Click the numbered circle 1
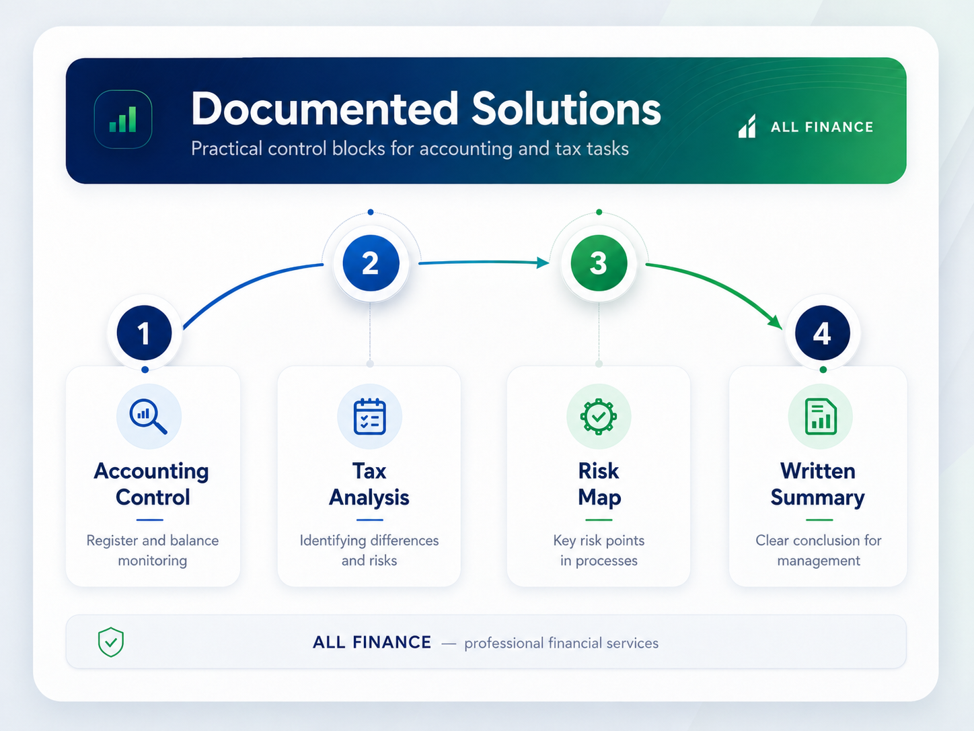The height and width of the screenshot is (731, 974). tap(144, 333)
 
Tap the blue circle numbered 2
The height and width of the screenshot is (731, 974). tap(371, 263)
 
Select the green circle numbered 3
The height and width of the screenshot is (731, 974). tap(599, 263)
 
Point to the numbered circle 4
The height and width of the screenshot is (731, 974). tap(822, 333)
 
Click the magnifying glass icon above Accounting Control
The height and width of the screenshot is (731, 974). tap(148, 417)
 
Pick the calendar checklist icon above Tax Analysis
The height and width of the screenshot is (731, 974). tap(370, 416)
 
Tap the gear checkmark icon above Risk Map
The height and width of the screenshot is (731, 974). tap(599, 416)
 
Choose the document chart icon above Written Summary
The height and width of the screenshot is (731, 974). tap(821, 416)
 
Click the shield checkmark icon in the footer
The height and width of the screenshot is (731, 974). tap(111, 641)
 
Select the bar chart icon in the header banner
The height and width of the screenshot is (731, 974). tap(123, 119)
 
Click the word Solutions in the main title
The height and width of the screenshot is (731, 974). tap(566, 109)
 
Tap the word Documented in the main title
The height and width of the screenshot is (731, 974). tap(324, 109)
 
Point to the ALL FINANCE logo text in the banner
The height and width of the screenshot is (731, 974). tap(822, 127)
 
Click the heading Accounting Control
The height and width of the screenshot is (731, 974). tap(152, 484)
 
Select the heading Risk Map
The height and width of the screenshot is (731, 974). tap(599, 484)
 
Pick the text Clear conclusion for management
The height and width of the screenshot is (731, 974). tap(818, 551)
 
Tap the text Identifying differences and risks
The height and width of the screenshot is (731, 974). tap(369, 551)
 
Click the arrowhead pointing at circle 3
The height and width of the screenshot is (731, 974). tap(543, 263)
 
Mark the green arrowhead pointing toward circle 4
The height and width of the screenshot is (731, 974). tap(776, 322)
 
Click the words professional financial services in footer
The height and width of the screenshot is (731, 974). tap(561, 643)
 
